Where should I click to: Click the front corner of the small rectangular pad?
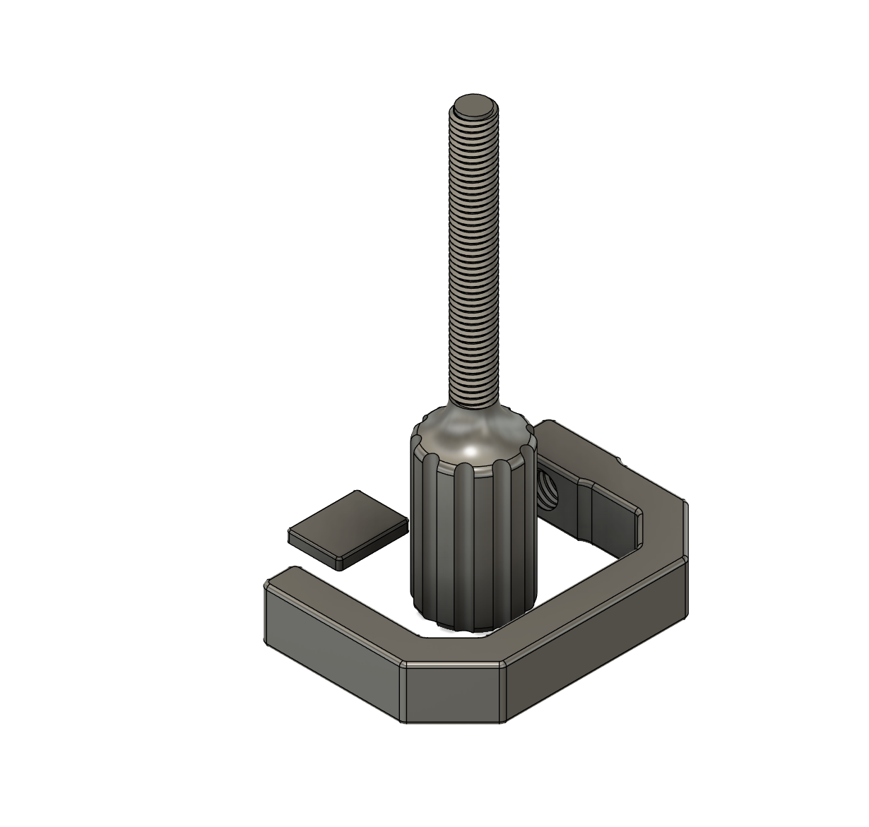pyautogui.click(x=342, y=564)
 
